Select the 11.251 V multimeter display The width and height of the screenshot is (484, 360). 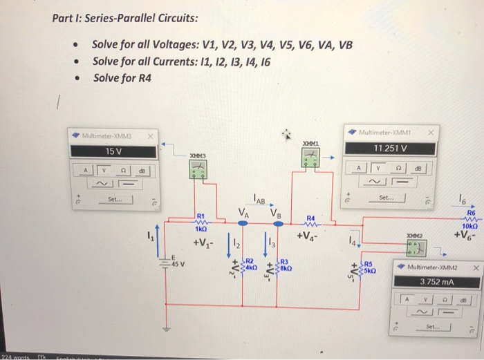pyautogui.click(x=391, y=148)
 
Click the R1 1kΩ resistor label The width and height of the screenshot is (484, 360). pyautogui.click(x=202, y=222)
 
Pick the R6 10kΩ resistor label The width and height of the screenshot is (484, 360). pyautogui.click(x=464, y=221)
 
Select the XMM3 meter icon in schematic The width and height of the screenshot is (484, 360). pyautogui.click(x=199, y=168)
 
